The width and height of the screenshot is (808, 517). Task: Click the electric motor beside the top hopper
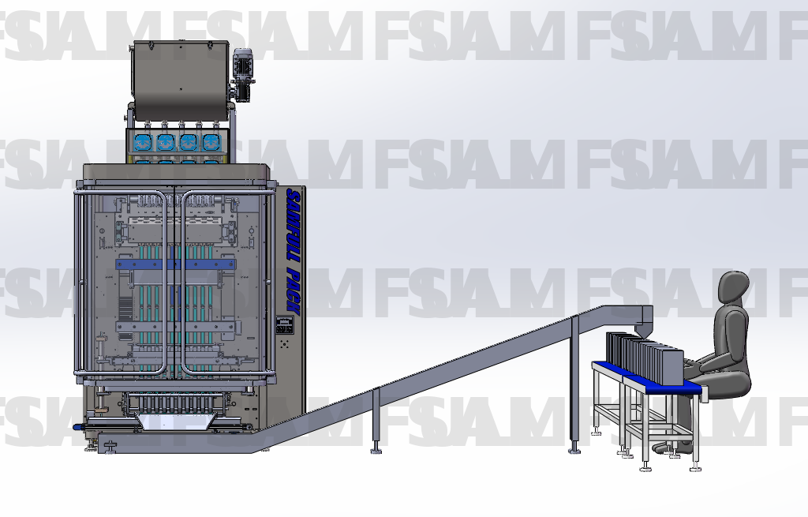point(241,72)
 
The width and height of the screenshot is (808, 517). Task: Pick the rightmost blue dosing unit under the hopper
point(211,143)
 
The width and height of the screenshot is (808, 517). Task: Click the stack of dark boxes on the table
point(642,358)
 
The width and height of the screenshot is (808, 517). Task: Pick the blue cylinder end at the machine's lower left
point(77,426)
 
